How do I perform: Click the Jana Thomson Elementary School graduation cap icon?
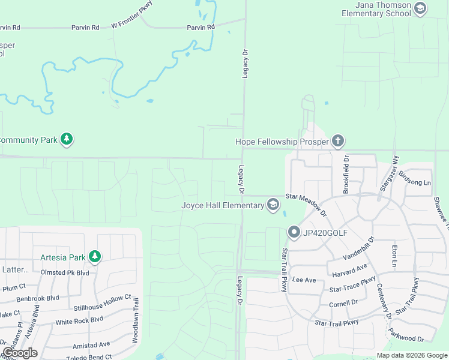420,8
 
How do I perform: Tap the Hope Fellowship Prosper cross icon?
338,141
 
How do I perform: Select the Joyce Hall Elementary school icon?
273,205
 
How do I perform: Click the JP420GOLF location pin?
294,231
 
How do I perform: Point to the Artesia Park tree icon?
94,257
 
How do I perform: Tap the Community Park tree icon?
67,140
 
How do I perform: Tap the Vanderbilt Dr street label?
359,248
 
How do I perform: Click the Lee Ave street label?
304,280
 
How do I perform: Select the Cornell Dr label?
344,304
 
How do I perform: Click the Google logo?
20,353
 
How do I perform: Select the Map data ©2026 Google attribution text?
412,355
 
